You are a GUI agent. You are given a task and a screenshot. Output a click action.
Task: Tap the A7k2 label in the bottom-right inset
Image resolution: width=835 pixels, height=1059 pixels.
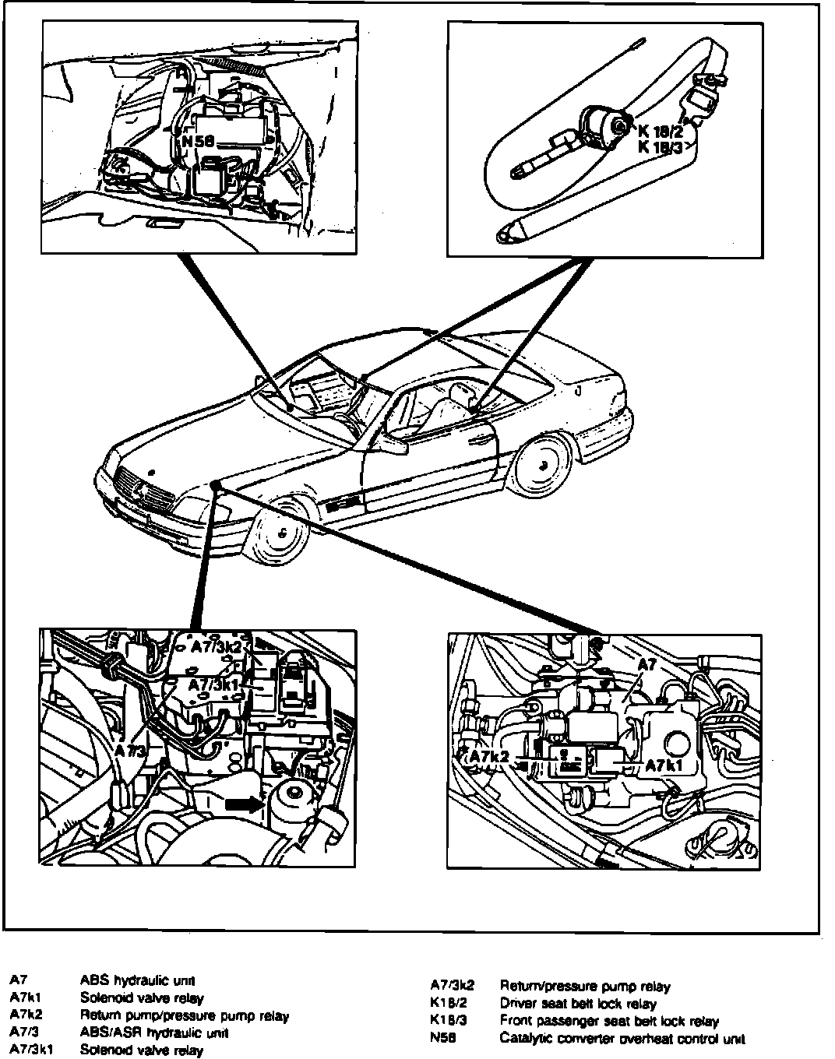click(x=489, y=757)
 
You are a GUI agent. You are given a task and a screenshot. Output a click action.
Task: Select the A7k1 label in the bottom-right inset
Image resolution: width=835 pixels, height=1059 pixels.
click(x=664, y=765)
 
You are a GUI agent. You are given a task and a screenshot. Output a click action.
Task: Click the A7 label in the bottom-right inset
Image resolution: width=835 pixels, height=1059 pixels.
click(x=647, y=665)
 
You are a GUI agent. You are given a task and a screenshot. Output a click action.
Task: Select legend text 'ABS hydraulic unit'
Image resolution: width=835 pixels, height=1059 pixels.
click(x=137, y=980)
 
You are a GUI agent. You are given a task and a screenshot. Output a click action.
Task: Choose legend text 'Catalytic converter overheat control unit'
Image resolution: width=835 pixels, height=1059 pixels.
click(x=622, y=1038)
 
